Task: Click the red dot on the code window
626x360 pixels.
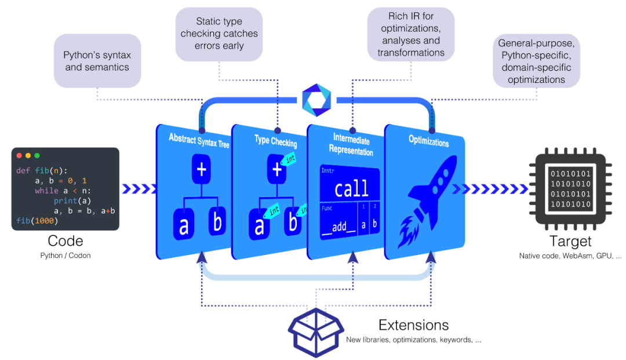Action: (19, 156)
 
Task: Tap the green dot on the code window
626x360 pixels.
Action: (37, 156)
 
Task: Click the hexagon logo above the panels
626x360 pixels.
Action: (316, 100)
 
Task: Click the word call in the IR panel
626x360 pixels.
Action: (351, 188)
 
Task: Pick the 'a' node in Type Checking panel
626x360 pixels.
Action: (259, 226)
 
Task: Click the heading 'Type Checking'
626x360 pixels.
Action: (275, 141)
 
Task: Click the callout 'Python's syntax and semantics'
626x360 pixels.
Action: (97, 61)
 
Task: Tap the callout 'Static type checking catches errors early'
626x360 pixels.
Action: (220, 34)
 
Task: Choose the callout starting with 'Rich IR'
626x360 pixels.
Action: (411, 34)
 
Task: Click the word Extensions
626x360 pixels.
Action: (413, 325)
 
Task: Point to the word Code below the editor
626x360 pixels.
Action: (65, 241)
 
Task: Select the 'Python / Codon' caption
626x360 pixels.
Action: (65, 255)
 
